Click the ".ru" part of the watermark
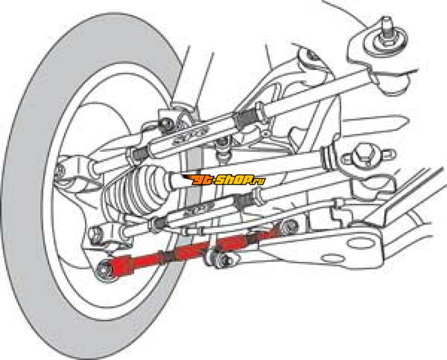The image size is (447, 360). click(258, 180)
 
